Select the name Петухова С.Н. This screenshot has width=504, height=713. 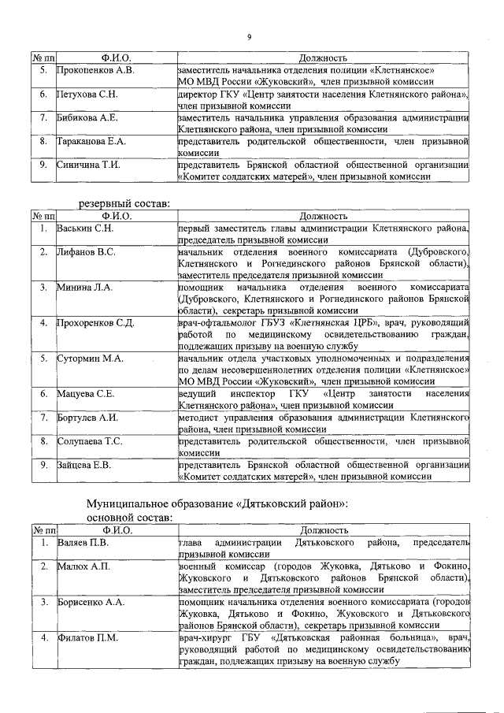(x=87, y=95)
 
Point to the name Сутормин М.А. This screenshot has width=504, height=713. (x=90, y=358)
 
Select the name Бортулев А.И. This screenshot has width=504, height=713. (x=87, y=418)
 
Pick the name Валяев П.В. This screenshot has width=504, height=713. (x=83, y=543)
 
